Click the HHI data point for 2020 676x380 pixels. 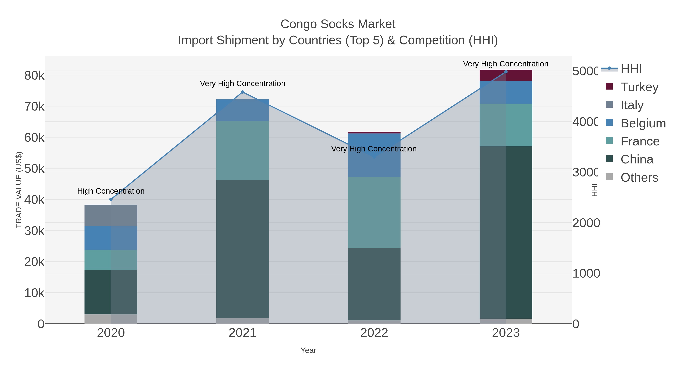click(111, 199)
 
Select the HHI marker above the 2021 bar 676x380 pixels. click(242, 92)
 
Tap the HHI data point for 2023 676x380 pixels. click(506, 72)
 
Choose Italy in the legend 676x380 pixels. click(632, 105)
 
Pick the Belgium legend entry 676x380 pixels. click(643, 123)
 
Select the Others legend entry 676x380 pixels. click(639, 178)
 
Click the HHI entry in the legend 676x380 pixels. click(631, 69)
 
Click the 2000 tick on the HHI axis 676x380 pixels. click(586, 223)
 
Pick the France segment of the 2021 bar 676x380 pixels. click(242, 150)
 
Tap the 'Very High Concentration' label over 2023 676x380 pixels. click(505, 64)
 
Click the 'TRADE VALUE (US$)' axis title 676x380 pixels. click(19, 190)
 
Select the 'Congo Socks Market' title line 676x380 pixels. click(338, 24)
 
